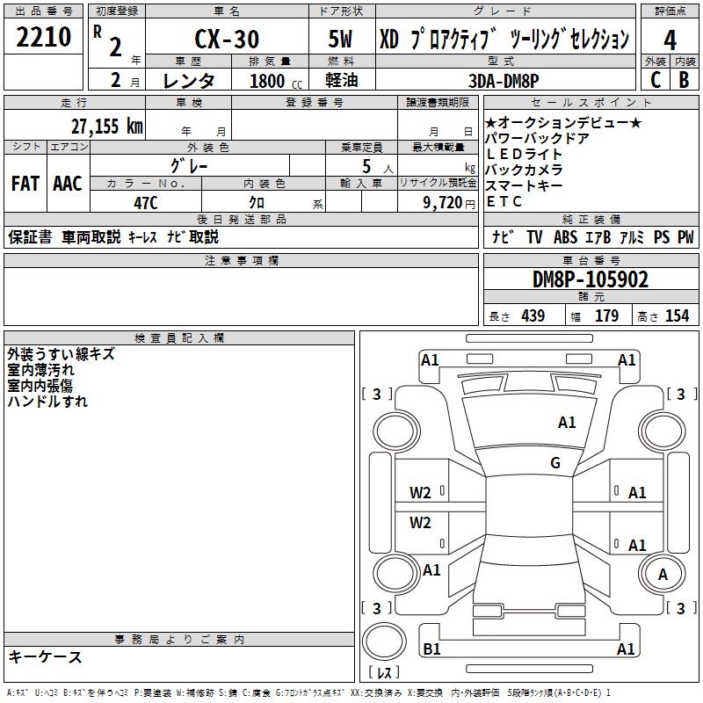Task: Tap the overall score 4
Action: point(670,40)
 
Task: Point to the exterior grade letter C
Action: point(655,79)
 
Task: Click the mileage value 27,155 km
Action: point(105,126)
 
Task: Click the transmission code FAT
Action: point(25,184)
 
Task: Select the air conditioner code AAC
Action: point(67,184)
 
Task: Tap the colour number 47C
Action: point(145,203)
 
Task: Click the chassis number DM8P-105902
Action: point(591,280)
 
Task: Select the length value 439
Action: point(532,315)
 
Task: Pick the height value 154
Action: point(677,315)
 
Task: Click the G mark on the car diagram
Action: point(555,463)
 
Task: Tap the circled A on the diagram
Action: point(663,575)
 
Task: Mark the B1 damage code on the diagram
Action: point(431,649)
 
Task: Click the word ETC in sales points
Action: point(504,201)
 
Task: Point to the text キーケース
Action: point(45,657)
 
